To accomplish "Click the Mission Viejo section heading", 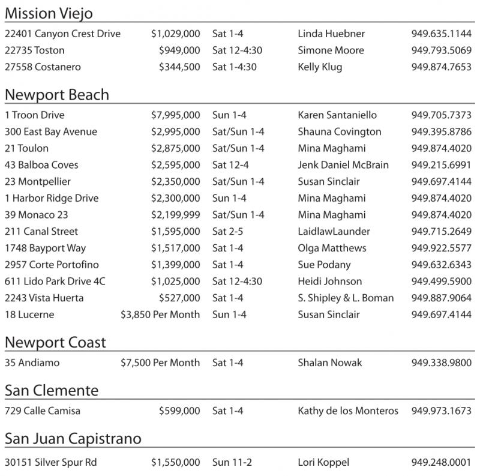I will (49, 14).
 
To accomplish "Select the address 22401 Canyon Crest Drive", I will (62, 34).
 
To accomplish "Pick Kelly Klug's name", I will (320, 67).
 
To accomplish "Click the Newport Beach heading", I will (57, 95).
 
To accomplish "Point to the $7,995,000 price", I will (176, 115).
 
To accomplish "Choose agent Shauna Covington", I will (340, 132).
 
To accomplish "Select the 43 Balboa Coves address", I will (41, 165).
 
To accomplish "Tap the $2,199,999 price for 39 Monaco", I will (176, 215).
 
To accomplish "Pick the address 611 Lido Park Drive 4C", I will (55, 282).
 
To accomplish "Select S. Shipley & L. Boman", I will (346, 298).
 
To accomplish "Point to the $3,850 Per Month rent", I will (160, 315).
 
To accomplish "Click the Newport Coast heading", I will (55, 343).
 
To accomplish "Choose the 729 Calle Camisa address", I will (43, 411).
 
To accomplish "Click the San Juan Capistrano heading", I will (73, 439).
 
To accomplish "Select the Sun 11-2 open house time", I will (230, 463).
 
